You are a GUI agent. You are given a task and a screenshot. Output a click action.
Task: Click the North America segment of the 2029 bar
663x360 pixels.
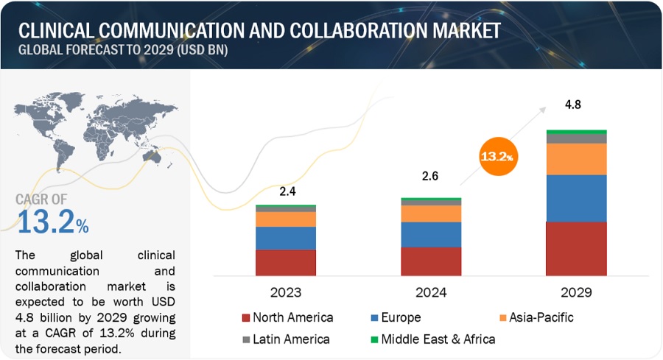coord(576,248)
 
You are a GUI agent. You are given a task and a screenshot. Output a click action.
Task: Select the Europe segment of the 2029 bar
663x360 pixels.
coord(576,198)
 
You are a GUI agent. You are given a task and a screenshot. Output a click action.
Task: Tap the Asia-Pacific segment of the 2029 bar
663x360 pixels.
coord(576,159)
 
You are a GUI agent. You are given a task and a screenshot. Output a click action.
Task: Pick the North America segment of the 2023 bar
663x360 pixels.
coord(285,262)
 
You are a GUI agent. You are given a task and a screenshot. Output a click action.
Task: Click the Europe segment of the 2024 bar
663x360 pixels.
coord(431,234)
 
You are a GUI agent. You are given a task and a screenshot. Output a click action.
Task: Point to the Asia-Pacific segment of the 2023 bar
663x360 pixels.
coord(285,219)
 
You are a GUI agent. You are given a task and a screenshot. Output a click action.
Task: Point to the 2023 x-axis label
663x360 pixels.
coord(285,292)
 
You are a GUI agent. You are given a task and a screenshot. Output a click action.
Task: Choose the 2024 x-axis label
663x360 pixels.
coord(431,292)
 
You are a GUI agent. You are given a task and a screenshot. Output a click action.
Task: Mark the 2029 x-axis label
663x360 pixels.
coord(576,292)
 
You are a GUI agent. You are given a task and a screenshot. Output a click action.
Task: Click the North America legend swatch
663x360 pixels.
coord(246,318)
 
